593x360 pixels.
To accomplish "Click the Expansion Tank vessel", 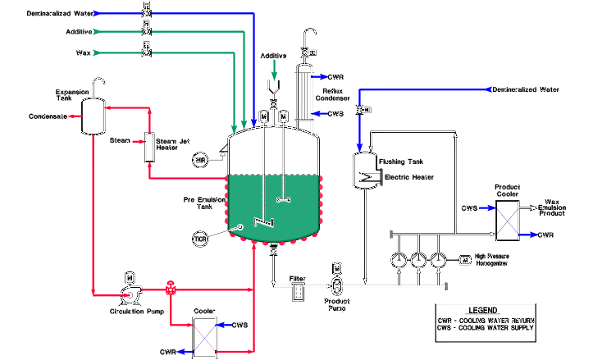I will pos(92,116).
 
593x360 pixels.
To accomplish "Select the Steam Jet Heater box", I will pos(150,147).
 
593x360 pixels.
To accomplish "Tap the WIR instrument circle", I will pos(200,158).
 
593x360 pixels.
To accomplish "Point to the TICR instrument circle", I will pos(200,239).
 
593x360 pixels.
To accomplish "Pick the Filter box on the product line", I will pos(298,289).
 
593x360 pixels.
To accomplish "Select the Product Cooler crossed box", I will pos(507,221).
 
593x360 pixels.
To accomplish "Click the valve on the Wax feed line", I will pos(146,52).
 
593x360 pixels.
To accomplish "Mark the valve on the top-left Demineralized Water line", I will pos(146,13).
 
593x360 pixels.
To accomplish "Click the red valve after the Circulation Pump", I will pos(170,289).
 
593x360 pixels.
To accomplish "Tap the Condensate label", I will pos(47,116).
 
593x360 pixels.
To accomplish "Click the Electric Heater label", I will pos(408,176).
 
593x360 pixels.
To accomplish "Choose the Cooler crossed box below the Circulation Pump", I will pos(203,336).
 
